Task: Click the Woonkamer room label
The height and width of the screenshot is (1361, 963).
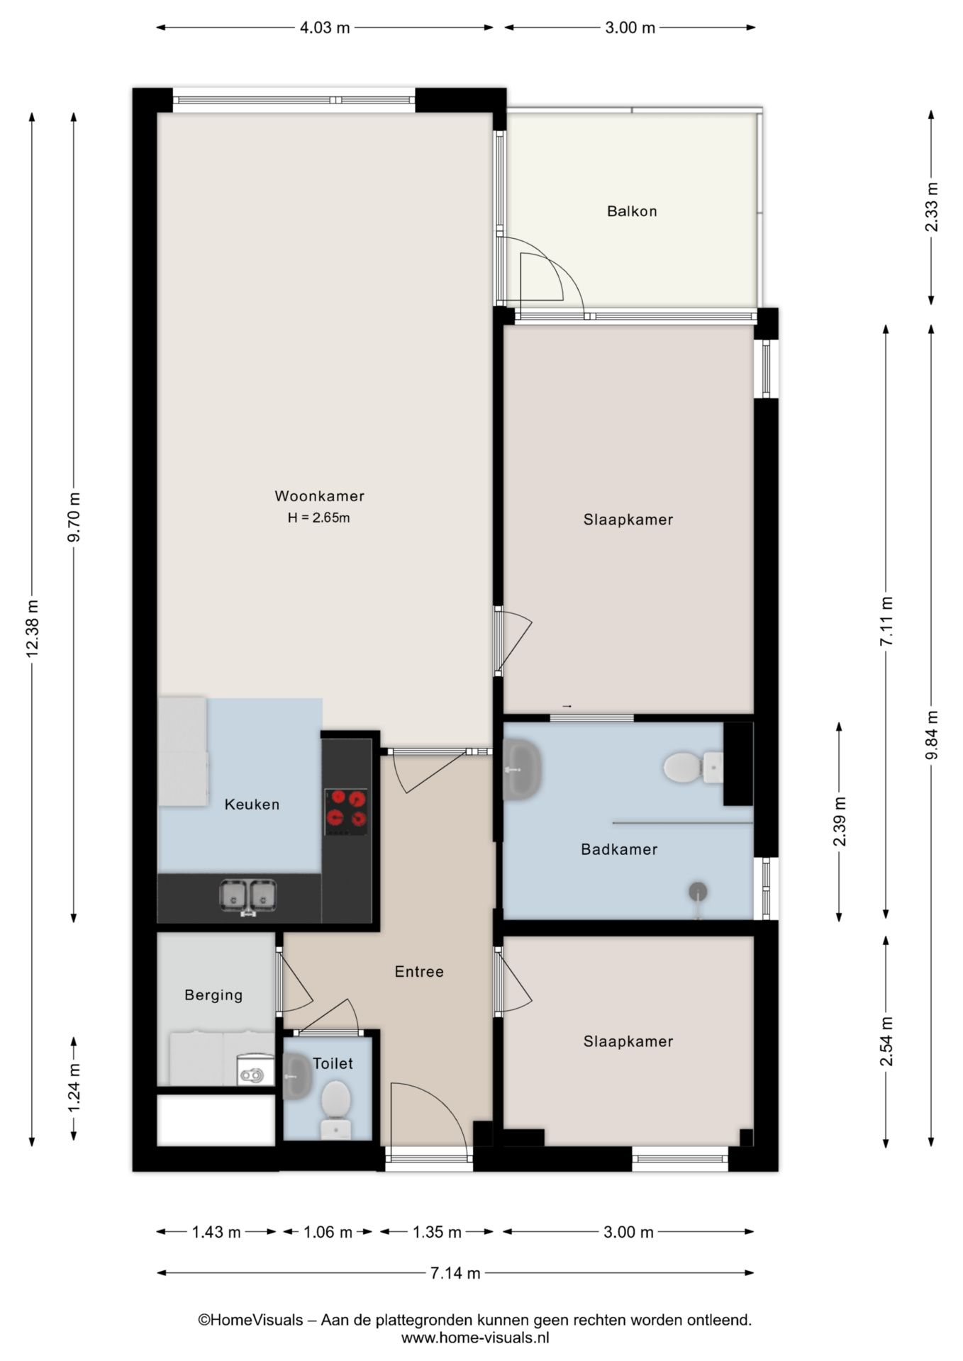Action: [319, 496]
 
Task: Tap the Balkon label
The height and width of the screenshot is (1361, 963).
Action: [632, 211]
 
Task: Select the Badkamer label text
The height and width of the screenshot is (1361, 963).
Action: [619, 849]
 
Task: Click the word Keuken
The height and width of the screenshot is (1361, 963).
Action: [252, 805]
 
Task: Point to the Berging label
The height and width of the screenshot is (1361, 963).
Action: [213, 995]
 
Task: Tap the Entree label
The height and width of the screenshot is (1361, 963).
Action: [419, 972]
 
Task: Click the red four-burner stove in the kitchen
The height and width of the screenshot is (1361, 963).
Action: [347, 812]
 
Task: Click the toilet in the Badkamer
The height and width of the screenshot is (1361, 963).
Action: [694, 768]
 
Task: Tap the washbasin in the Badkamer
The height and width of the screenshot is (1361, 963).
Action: [522, 769]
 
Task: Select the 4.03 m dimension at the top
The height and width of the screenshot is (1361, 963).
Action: [325, 28]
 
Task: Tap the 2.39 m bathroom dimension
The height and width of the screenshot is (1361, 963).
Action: [840, 822]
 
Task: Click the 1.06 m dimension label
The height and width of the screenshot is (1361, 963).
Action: [328, 1233]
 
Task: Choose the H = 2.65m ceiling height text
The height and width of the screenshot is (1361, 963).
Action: [318, 517]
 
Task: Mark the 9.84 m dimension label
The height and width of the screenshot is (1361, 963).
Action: [932, 735]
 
